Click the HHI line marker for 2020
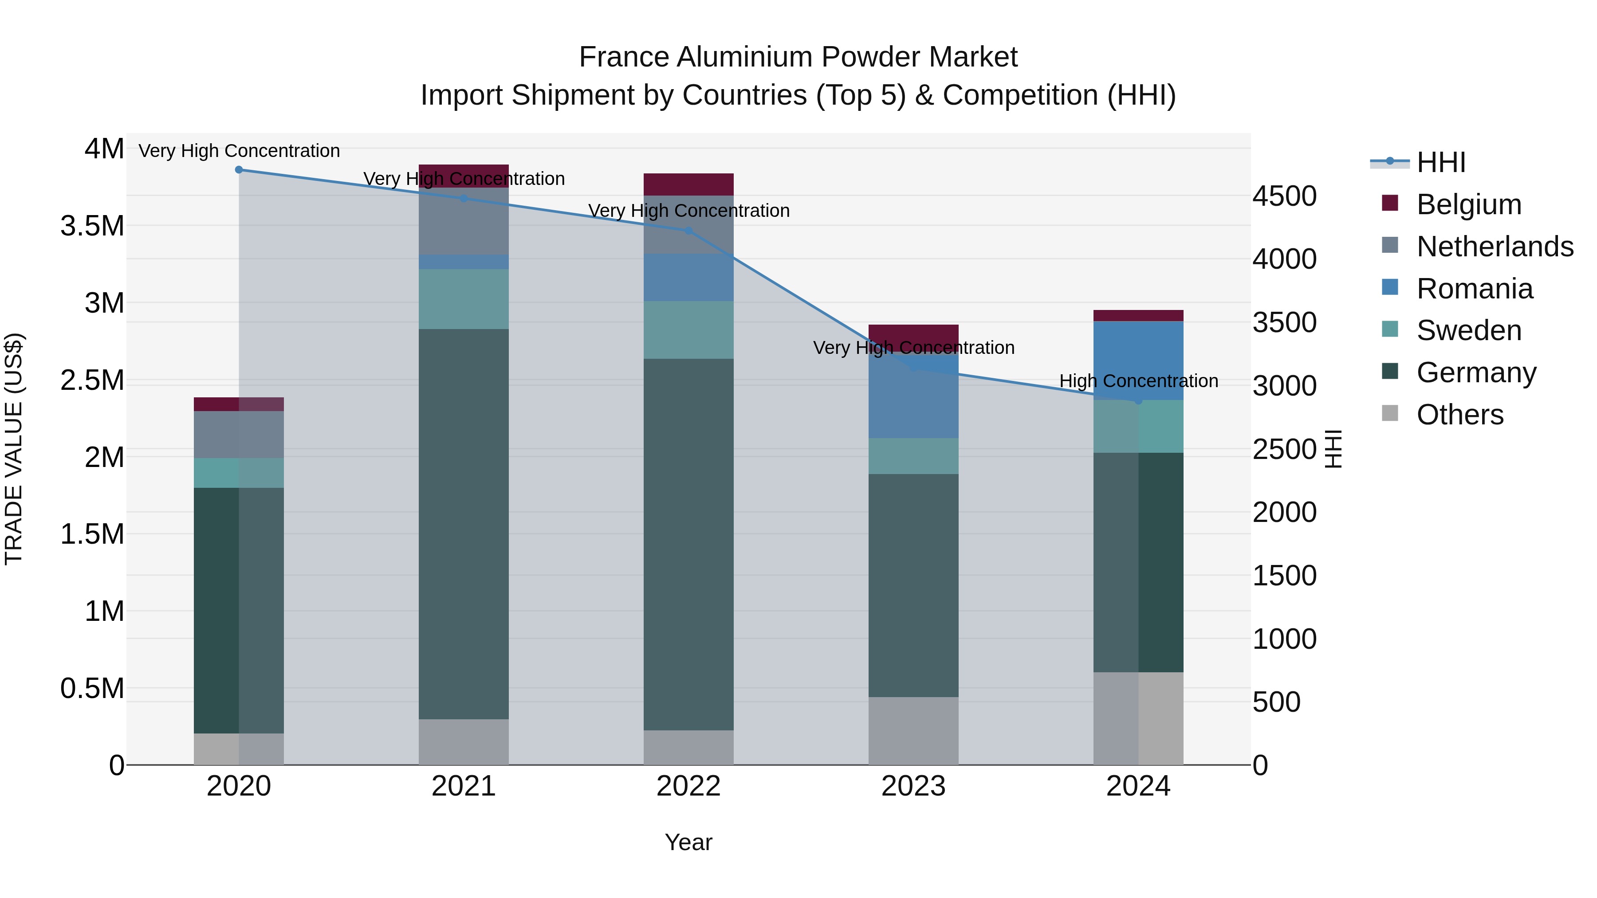[x=239, y=170]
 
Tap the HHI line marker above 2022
[x=688, y=231]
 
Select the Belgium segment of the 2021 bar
[x=464, y=175]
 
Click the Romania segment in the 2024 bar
[x=1138, y=360]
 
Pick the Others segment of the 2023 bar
[x=913, y=731]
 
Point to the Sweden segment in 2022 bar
[x=688, y=329]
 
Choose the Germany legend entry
[x=1476, y=373]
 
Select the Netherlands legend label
[x=1495, y=247]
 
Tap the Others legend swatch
[x=1390, y=413]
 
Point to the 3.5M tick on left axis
[x=92, y=226]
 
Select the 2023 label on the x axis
[x=913, y=786]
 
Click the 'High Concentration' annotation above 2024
[x=1138, y=381]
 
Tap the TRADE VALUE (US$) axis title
[x=14, y=449]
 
